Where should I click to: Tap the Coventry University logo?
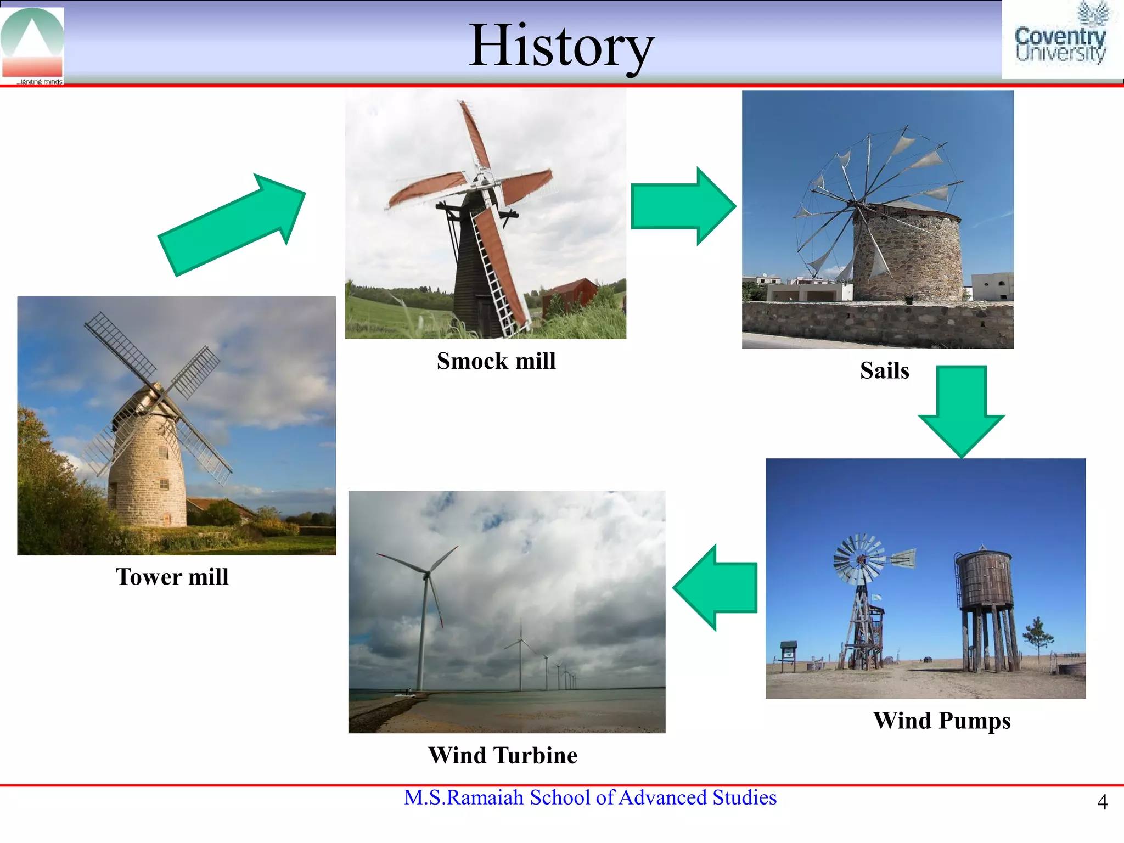pyautogui.click(x=1060, y=40)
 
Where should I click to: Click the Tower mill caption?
pyautogui.click(x=172, y=577)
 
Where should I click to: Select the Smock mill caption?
pyautogui.click(x=496, y=361)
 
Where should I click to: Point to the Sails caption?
pyautogui.click(x=884, y=370)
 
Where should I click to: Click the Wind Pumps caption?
pyautogui.click(x=942, y=721)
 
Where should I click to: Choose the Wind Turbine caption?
pyautogui.click(x=503, y=755)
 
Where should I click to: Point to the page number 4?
pyautogui.click(x=1102, y=802)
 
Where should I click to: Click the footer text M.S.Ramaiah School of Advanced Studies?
pyautogui.click(x=590, y=797)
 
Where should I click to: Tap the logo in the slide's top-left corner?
pyautogui.click(x=32, y=44)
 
